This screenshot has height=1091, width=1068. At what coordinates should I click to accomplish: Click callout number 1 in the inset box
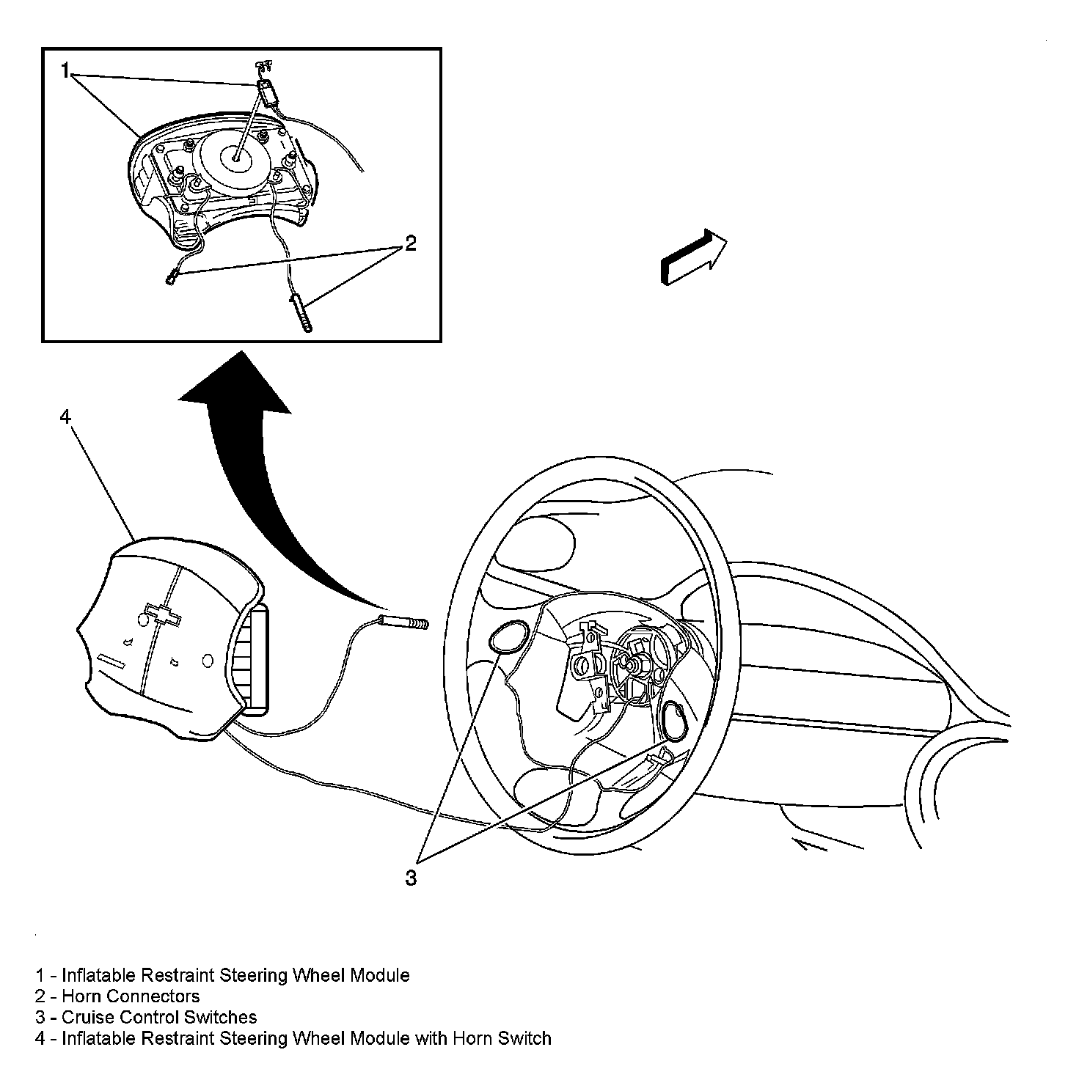(x=65, y=70)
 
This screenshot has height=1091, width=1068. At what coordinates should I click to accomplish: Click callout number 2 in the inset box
(x=410, y=243)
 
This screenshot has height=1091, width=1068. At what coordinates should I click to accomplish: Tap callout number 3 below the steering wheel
(x=410, y=877)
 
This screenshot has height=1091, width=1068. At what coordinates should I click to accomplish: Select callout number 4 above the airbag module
(x=65, y=416)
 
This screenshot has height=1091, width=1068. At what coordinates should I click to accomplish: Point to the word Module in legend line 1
(x=379, y=975)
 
